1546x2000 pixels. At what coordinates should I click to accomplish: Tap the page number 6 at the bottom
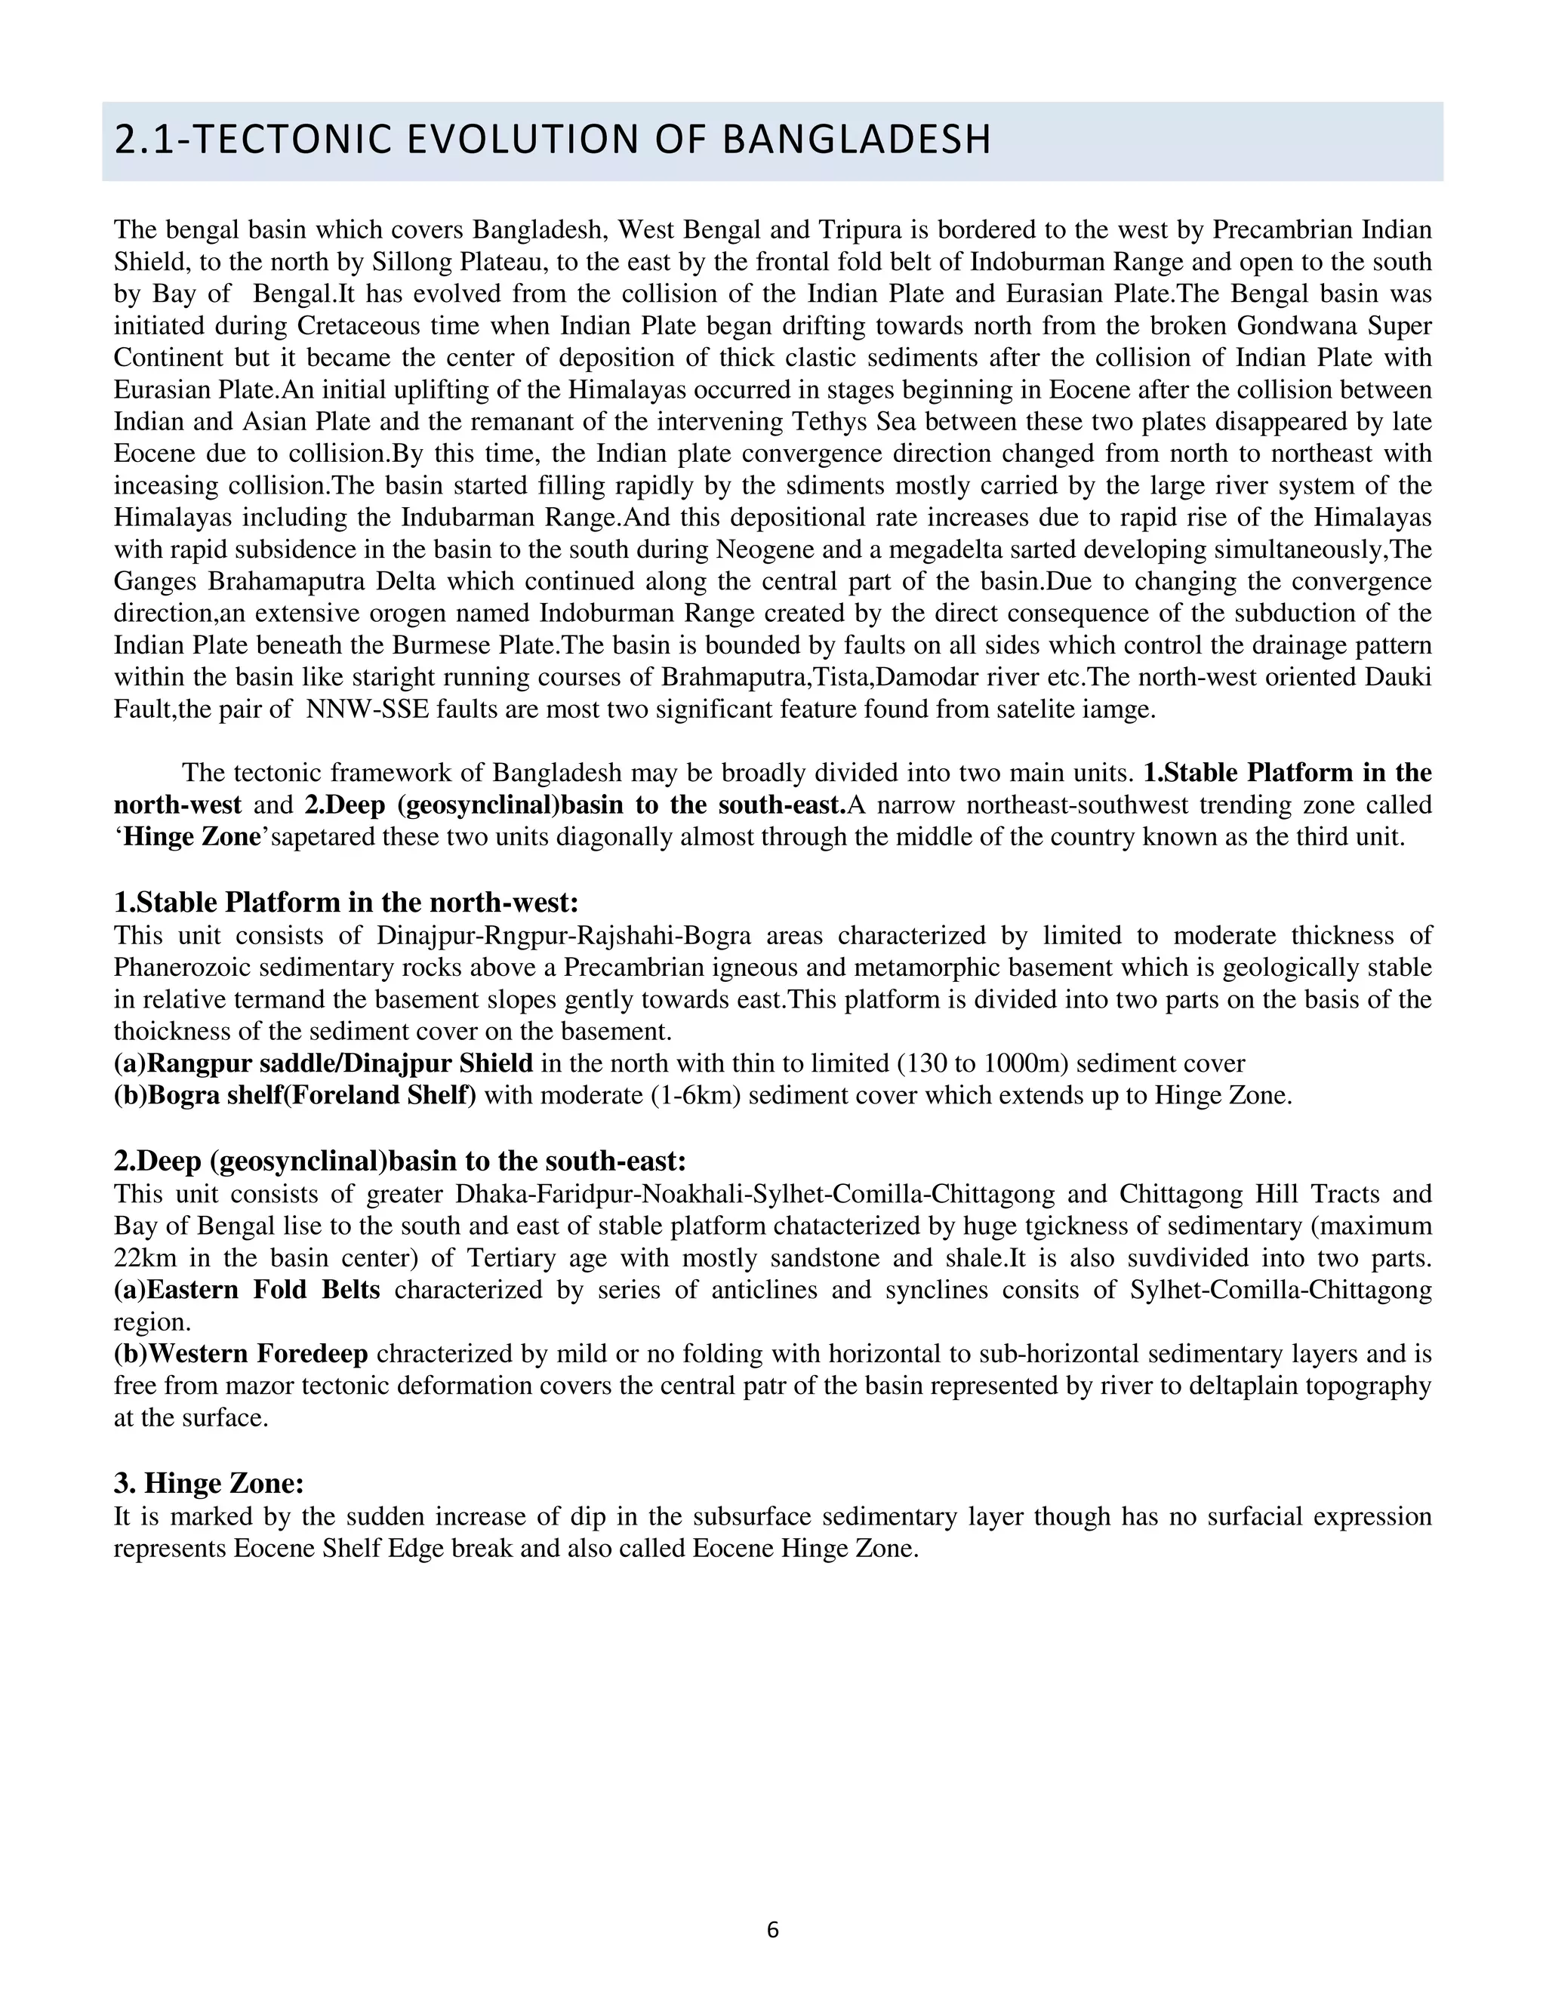pos(772,1930)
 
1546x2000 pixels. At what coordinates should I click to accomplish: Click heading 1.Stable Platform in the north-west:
pos(346,903)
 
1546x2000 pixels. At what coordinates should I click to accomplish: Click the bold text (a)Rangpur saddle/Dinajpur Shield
pos(323,1064)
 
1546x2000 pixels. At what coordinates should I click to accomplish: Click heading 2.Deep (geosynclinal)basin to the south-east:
pos(399,1162)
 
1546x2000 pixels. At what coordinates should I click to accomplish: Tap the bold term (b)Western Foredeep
pos(241,1353)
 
